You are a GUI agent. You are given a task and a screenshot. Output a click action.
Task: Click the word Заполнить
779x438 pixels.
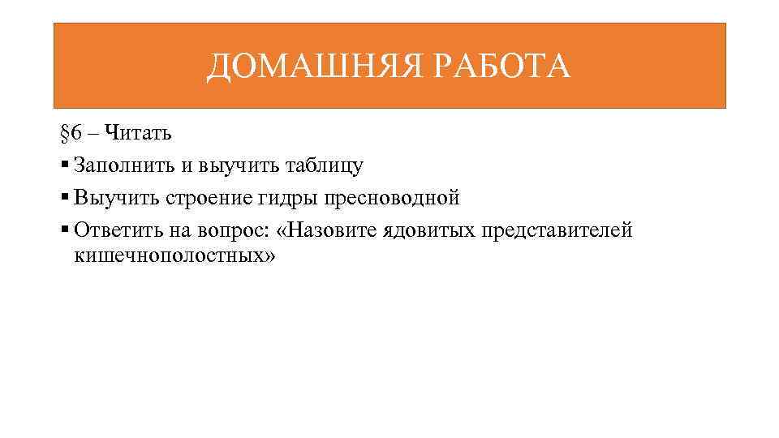click(123, 165)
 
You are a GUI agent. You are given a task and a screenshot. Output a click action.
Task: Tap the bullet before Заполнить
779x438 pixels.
click(65, 165)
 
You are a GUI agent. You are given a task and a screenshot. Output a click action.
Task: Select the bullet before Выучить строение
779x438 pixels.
click(65, 198)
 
